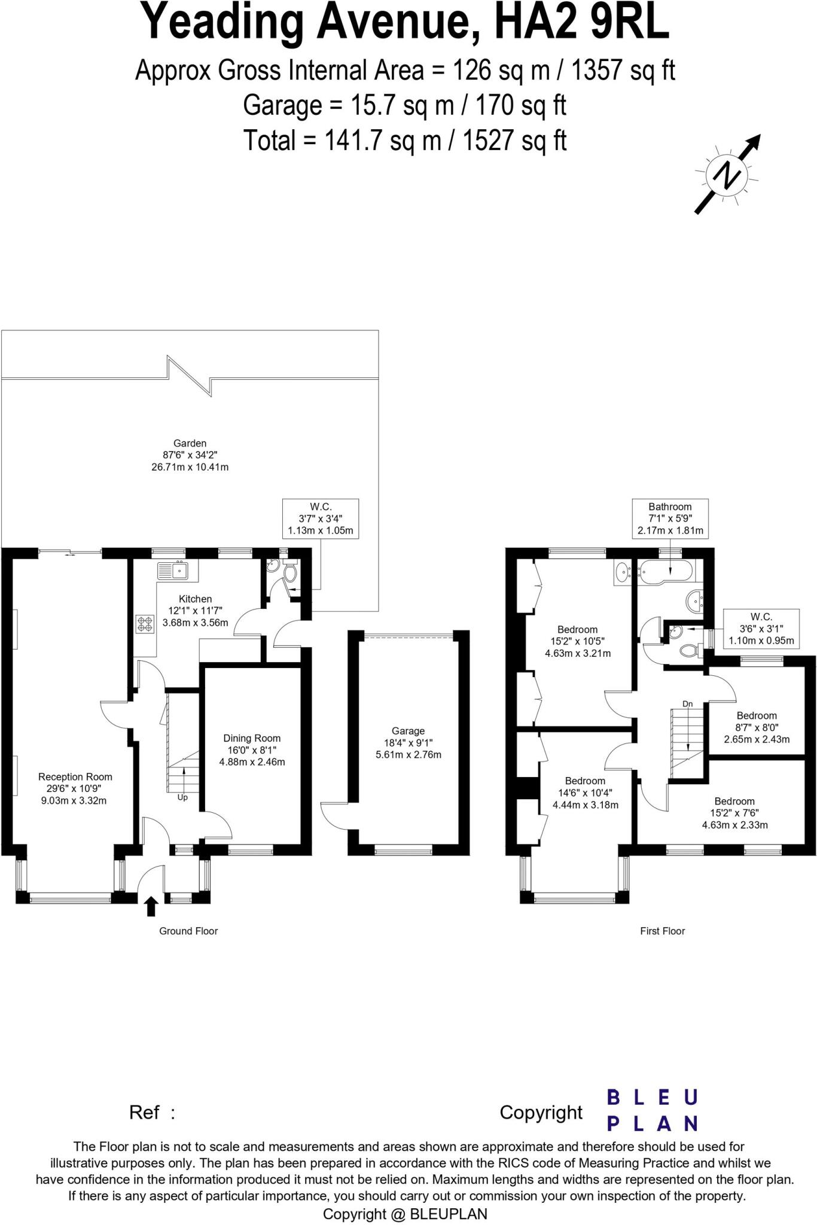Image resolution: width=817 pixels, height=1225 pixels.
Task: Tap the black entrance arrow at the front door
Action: pos(151,906)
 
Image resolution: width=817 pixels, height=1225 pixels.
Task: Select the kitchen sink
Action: pos(173,571)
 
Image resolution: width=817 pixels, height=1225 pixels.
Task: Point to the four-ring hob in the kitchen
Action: pos(145,624)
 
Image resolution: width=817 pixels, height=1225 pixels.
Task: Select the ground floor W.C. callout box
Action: pos(321,518)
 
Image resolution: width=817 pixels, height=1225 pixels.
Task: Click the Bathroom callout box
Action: pos(670,518)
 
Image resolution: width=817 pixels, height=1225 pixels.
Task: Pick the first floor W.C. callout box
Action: pos(761,628)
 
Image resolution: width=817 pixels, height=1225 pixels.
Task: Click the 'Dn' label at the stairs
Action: pos(688,704)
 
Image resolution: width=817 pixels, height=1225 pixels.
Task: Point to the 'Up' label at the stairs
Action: pos(182,797)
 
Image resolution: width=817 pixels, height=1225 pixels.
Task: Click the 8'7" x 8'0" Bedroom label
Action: pos(757,727)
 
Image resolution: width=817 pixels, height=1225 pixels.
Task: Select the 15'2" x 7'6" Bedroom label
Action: pos(734,812)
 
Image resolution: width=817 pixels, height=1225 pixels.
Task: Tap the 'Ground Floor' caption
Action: pos(188,931)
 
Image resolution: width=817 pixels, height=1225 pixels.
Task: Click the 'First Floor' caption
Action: pos(662,931)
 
